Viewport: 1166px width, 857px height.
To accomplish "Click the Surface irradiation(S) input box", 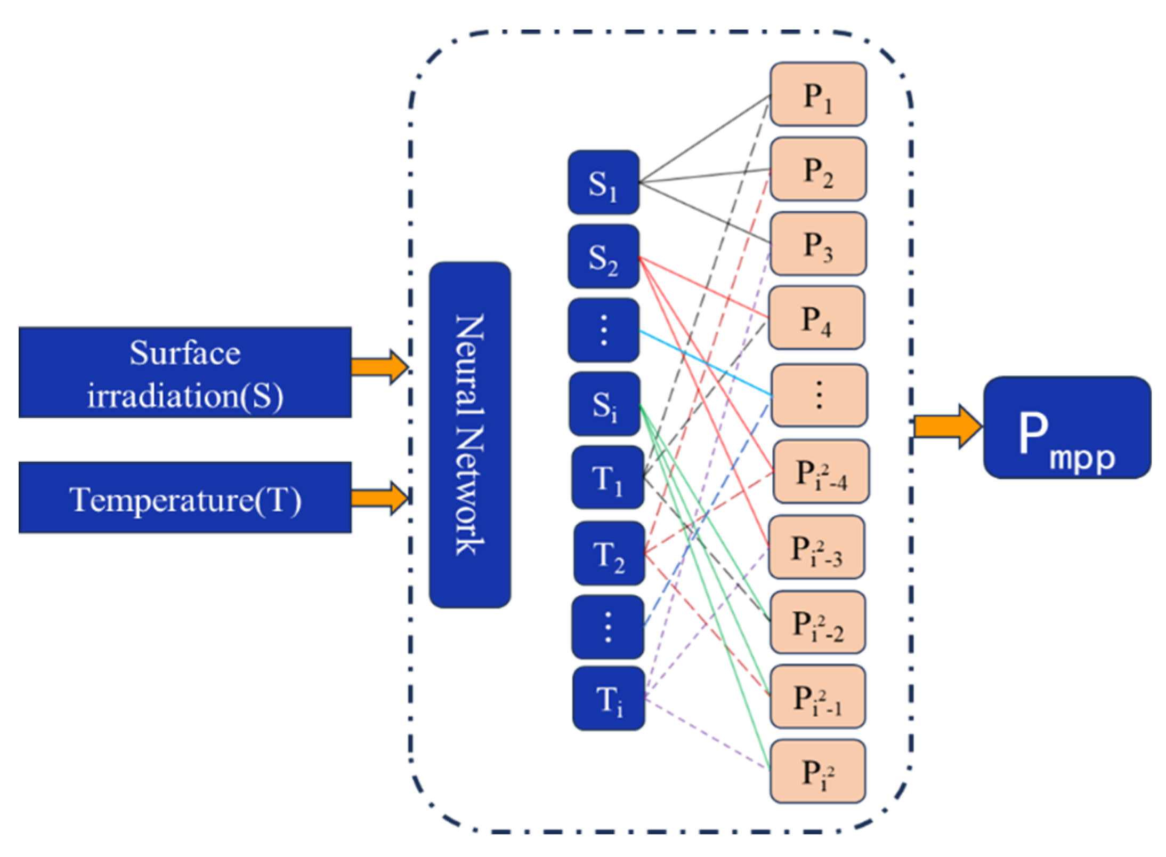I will point(184,372).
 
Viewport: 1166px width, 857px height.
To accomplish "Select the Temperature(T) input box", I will point(184,497).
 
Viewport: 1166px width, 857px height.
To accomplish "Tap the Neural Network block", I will point(469,435).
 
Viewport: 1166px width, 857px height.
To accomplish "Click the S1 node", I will point(603,182).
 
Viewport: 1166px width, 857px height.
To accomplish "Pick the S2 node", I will point(603,257).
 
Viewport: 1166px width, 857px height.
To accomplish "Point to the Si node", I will point(604,404).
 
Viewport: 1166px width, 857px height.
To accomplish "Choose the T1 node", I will point(607,477).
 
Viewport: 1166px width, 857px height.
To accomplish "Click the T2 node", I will point(609,553).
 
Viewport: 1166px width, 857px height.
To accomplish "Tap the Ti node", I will point(608,698).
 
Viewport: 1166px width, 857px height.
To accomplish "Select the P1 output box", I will point(817,94).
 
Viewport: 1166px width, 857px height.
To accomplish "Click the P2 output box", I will point(817,169).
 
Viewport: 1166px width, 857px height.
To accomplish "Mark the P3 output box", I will point(817,244).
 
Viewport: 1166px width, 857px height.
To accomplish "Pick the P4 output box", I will point(816,318).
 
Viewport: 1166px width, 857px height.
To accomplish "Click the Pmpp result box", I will point(1066,427).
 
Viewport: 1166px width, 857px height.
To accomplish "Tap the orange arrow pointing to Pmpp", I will point(946,426).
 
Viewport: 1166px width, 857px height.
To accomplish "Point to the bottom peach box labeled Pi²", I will point(817,771).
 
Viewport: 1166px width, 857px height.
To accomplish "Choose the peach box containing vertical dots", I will point(819,395).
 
